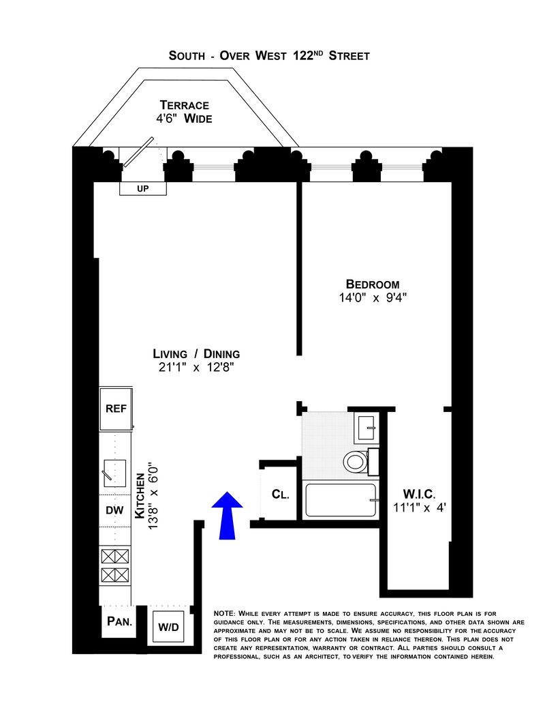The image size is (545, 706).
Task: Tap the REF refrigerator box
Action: [116, 409]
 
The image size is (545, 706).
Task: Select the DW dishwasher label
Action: [114, 510]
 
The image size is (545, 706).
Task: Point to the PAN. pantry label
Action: [120, 622]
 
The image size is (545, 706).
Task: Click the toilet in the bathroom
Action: [354, 462]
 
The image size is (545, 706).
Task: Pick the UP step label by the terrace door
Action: [142, 188]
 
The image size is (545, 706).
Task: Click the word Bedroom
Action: [372, 284]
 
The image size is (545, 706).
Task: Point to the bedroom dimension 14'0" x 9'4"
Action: [372, 297]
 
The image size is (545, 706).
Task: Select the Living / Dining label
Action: [196, 354]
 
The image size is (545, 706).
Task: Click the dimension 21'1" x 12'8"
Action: [196, 368]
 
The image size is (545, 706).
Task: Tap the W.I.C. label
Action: [418, 493]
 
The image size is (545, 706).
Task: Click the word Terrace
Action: [184, 105]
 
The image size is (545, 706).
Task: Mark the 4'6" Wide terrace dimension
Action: [184, 119]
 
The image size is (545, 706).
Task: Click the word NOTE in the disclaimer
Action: [225, 613]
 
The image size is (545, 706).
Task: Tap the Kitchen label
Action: [140, 499]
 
